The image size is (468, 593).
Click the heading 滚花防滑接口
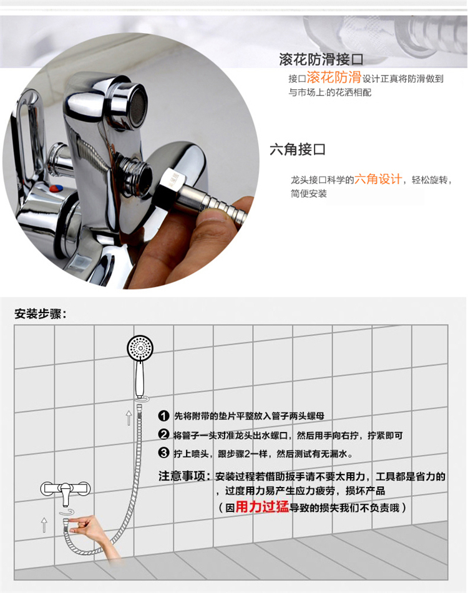click(x=321, y=59)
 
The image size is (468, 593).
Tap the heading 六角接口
click(x=298, y=150)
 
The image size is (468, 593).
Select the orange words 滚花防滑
click(x=334, y=77)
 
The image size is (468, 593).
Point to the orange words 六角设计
click(x=378, y=178)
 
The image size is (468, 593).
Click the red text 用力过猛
click(x=262, y=507)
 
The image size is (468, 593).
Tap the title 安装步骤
click(x=40, y=314)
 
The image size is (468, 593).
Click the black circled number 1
click(x=163, y=416)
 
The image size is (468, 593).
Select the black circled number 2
click(x=163, y=435)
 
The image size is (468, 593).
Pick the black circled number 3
click(x=163, y=453)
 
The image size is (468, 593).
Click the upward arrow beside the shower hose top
click(x=129, y=418)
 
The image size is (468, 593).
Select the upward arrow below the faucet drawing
click(x=44, y=525)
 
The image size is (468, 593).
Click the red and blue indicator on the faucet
click(x=56, y=188)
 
